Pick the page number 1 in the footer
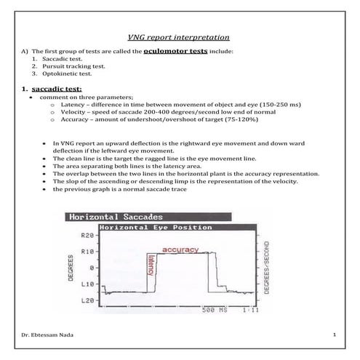[x=333, y=335]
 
